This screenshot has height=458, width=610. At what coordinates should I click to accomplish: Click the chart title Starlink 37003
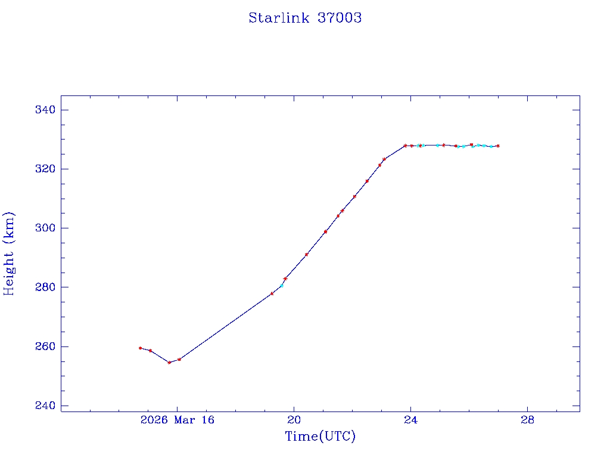click(305, 18)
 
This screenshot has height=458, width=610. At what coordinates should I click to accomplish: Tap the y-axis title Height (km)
click(9, 253)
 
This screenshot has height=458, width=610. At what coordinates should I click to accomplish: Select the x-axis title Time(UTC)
click(320, 437)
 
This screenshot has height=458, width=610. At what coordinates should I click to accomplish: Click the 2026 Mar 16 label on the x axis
click(177, 420)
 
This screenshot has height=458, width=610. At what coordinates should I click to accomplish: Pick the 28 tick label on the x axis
click(527, 420)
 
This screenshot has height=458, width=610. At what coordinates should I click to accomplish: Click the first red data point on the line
click(140, 348)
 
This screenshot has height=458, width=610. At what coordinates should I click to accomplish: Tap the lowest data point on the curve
click(169, 363)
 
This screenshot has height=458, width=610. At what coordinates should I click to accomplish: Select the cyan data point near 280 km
click(281, 286)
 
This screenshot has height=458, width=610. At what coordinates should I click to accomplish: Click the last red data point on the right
click(498, 146)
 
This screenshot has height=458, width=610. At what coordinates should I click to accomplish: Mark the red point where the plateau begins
click(405, 146)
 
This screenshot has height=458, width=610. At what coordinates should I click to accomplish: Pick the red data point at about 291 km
click(306, 255)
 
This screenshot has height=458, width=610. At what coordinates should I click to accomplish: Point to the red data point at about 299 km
click(325, 232)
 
